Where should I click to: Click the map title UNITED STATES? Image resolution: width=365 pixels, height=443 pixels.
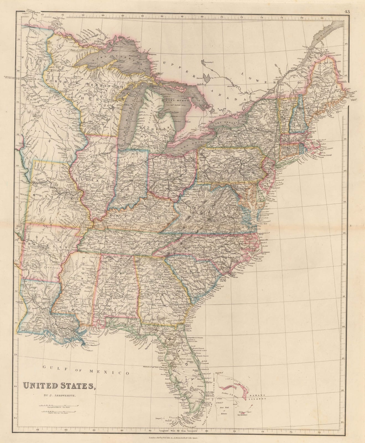pyautogui.click(x=59, y=386)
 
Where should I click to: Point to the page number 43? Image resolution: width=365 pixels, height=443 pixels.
pyautogui.click(x=346, y=12)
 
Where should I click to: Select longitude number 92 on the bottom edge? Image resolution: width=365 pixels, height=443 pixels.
pyautogui.click(x=38, y=430)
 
